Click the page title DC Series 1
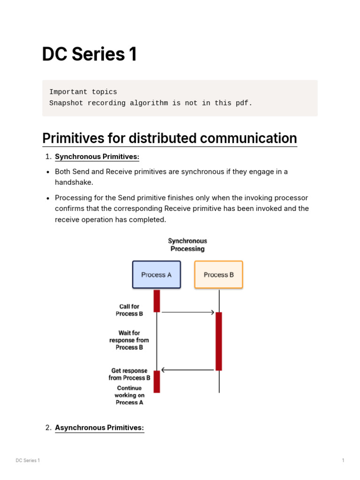[90, 54]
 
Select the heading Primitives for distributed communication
[169, 138]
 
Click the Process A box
[157, 275]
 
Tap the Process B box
[218, 275]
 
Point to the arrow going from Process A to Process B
[187, 312]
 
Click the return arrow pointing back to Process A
[187, 370]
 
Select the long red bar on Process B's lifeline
[218, 341]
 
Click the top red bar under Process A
[157, 300]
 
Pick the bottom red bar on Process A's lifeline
[157, 382]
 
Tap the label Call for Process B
[129, 310]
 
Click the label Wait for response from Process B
[129, 340]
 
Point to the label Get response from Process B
[129, 374]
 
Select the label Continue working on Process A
[129, 395]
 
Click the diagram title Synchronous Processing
[187, 245]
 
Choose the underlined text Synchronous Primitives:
[97, 157]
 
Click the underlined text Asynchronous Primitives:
[99, 427]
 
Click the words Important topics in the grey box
[83, 92]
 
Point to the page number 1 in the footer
[343, 460]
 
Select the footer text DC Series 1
[28, 460]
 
